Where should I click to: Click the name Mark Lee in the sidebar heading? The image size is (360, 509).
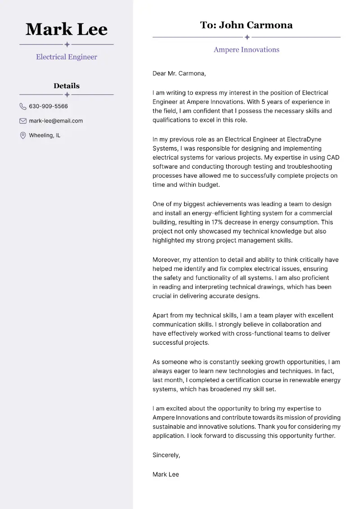(67, 30)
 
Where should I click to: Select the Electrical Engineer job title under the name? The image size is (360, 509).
(67, 57)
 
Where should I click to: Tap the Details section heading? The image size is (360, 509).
(67, 86)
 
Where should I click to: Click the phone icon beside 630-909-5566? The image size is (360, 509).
(23, 107)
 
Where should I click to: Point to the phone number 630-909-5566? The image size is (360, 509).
(48, 107)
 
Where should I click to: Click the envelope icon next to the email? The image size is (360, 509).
(23, 121)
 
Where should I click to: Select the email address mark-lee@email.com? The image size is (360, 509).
(56, 121)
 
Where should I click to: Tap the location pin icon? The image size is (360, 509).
(23, 135)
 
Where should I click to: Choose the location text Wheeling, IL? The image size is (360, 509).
(45, 135)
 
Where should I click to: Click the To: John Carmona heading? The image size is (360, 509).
(247, 25)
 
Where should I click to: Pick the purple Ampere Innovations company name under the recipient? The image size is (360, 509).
(247, 50)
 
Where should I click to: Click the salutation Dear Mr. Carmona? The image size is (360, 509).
(179, 73)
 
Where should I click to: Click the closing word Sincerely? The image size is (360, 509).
(166, 455)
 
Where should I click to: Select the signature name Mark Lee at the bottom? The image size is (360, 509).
(166, 474)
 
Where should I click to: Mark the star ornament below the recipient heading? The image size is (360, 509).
(247, 37)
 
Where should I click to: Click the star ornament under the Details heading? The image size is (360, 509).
(67, 95)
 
